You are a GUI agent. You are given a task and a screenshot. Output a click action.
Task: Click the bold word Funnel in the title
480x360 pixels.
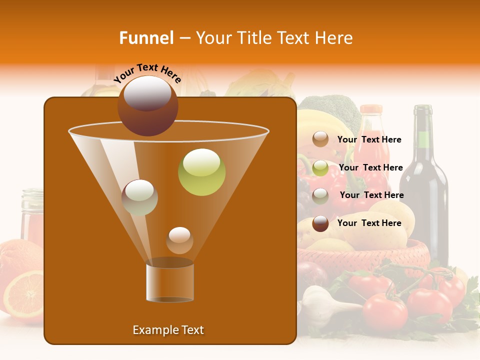click(146, 38)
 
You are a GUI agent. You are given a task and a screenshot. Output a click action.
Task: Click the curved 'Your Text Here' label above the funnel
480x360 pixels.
click(147, 73)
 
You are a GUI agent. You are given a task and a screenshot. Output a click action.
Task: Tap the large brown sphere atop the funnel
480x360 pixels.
click(147, 106)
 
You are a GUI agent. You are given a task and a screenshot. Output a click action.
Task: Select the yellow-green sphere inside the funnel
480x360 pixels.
click(201, 172)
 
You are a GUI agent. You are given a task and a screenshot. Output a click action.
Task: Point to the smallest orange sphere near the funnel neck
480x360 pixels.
click(179, 240)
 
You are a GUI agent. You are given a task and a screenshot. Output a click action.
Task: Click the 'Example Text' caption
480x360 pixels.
click(168, 330)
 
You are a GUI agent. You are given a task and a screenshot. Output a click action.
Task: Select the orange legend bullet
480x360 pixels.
click(320, 139)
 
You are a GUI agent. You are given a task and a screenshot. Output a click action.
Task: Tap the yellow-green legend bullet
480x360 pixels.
click(320, 168)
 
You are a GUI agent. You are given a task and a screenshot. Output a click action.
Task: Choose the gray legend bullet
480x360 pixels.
click(320, 195)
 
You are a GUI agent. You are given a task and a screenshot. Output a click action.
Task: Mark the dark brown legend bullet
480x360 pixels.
click(320, 223)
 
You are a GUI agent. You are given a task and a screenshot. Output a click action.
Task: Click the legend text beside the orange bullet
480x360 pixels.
click(369, 139)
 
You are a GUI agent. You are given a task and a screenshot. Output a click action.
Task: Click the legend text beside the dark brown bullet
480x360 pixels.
click(369, 223)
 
